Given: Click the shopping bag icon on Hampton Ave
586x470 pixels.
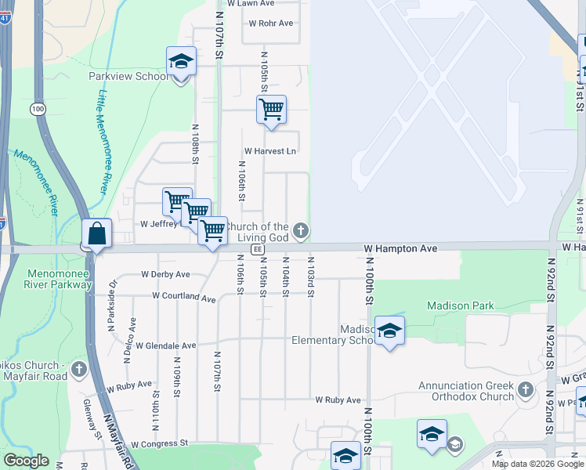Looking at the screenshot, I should point(96,233).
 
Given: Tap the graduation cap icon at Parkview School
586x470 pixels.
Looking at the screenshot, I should point(180,62).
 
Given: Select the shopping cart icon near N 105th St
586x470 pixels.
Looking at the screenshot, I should point(271,110).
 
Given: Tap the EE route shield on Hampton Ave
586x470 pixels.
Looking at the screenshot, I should point(256,248).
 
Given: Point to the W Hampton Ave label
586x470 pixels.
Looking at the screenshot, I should point(400,248).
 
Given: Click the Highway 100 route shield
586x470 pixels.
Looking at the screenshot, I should point(38,109).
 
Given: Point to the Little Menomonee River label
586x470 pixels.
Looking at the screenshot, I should point(103,141).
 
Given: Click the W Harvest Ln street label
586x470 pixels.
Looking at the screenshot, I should point(270,150).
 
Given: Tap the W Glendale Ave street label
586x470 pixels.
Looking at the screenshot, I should point(165,345).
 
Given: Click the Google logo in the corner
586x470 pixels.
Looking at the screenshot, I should point(26,461).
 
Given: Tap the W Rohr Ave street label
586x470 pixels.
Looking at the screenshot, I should point(270,23).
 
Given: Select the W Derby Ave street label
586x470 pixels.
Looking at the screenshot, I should point(165,274).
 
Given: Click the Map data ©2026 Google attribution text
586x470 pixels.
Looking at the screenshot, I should point(537,464).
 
